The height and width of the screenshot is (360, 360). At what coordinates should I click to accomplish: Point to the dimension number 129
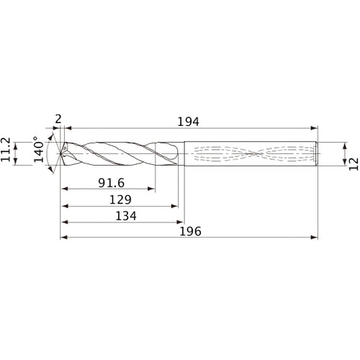[119, 199]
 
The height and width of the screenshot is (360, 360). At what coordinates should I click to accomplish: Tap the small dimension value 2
[58, 118]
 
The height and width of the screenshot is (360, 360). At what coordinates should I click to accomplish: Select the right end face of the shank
[319, 153]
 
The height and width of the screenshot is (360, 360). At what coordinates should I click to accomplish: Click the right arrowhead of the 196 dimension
[316, 237]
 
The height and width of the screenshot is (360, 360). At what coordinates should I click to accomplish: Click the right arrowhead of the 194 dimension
[316, 128]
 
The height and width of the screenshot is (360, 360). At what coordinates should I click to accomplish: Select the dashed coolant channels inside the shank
[252, 153]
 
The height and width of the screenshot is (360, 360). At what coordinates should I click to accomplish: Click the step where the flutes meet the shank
[184, 153]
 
